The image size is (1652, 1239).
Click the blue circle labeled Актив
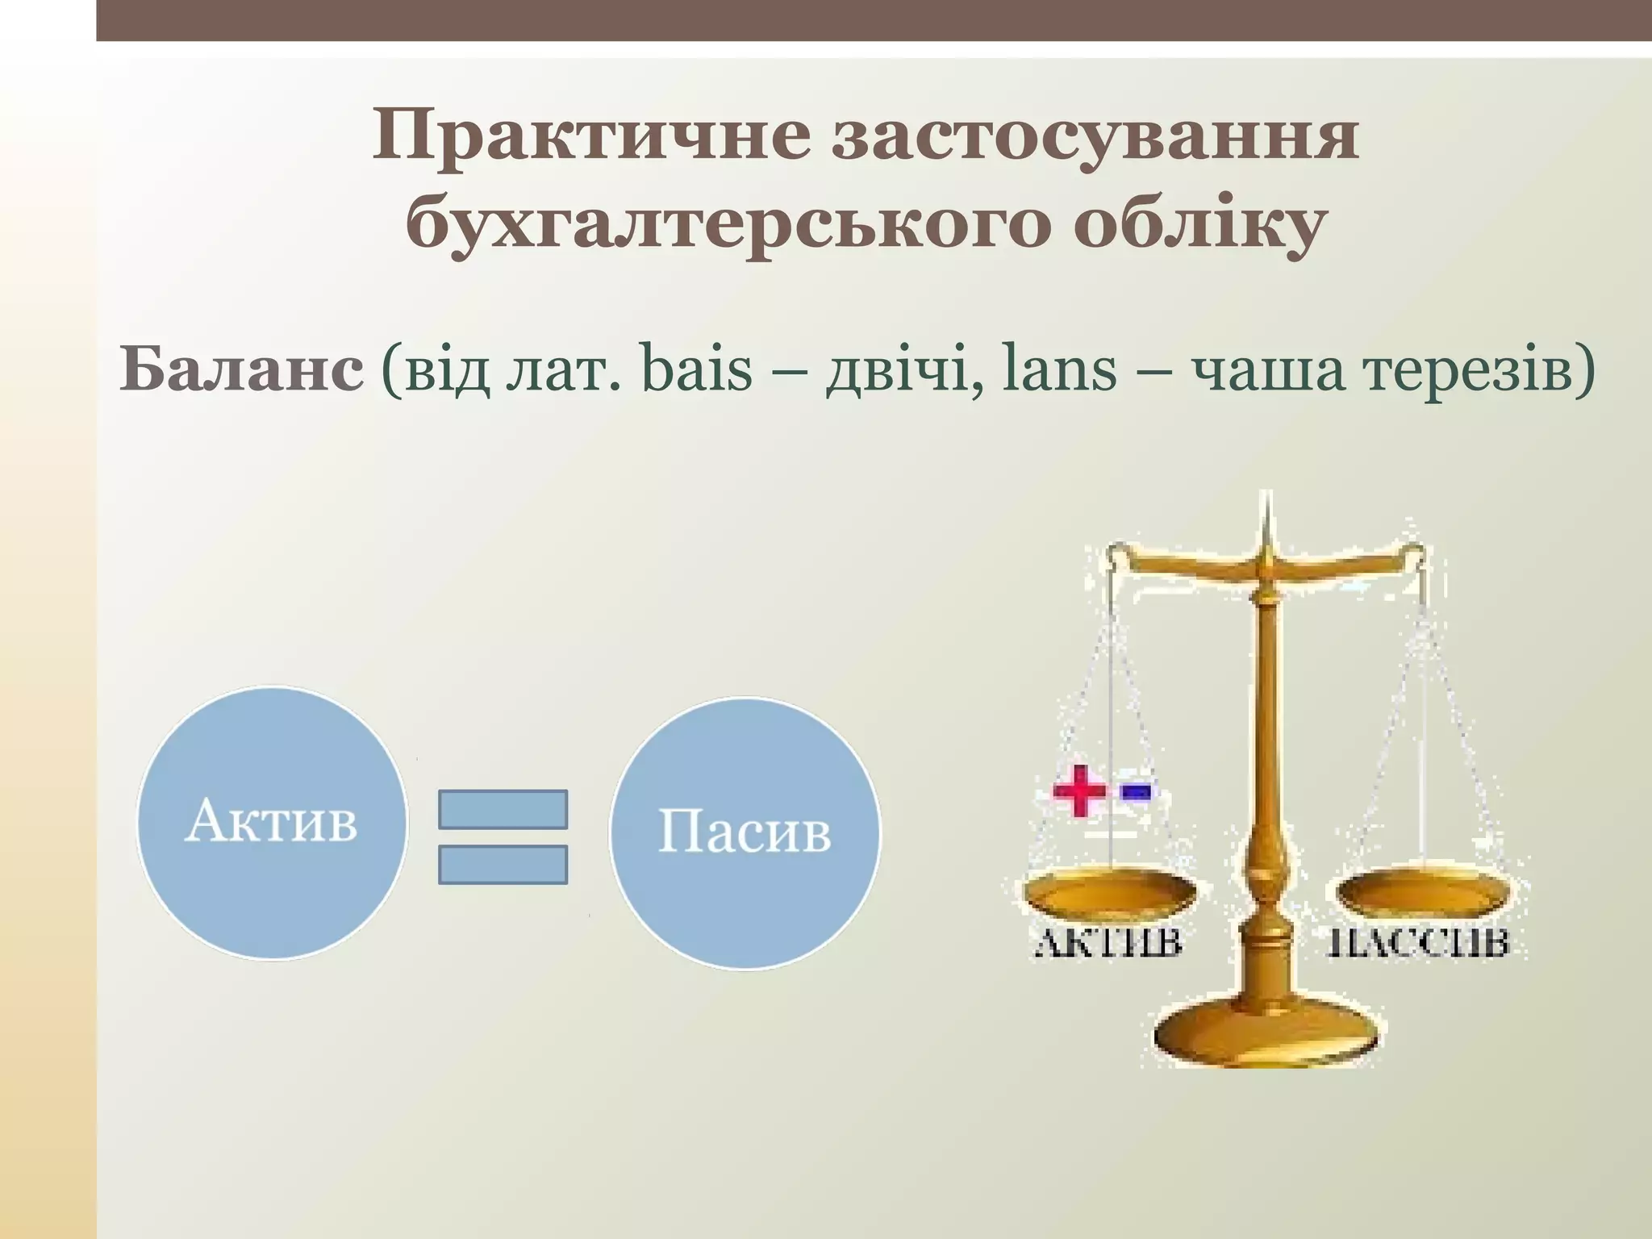[272, 823]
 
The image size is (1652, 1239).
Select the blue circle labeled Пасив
[744, 832]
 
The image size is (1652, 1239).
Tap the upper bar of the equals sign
[503, 809]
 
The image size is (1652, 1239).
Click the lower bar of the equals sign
[503, 865]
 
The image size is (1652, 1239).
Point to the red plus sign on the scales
[1079, 791]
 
